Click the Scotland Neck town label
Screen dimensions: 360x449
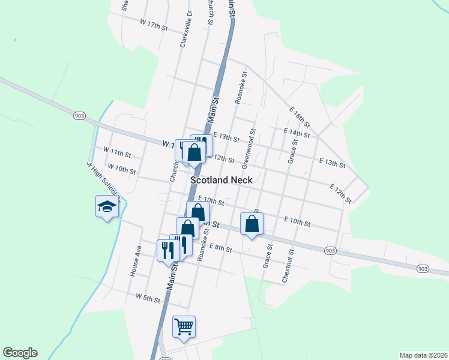(220, 179)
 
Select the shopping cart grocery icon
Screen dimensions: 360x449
(184, 327)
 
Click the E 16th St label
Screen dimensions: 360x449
(299, 118)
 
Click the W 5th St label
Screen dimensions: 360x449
(148, 298)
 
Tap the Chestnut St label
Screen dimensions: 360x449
(289, 267)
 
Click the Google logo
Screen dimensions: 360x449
(20, 353)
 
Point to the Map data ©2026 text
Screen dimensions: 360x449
(423, 355)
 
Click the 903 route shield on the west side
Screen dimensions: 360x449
(79, 115)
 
